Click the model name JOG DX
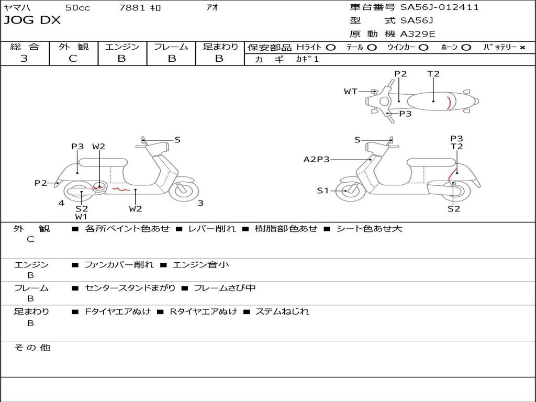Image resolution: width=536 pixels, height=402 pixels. point(32,20)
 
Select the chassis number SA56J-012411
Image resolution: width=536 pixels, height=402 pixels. point(439,7)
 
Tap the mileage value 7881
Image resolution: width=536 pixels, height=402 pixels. point(132,8)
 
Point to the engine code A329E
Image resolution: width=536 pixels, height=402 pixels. point(417,35)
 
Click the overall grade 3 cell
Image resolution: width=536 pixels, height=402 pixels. point(24,59)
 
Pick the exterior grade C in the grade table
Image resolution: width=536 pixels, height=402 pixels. point(73,59)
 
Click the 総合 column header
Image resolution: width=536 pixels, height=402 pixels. point(25,47)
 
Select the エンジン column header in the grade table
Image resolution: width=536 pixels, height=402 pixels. point(122,47)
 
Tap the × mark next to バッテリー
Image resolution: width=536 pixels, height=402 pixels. point(522,48)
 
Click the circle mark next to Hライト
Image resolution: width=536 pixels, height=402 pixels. point(331,48)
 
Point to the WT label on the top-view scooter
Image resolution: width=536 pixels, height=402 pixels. point(350,92)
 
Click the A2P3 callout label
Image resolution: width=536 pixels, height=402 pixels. point(317,159)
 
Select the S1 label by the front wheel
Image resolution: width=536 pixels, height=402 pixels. point(323,191)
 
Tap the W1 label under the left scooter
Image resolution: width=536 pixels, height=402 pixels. point(81,216)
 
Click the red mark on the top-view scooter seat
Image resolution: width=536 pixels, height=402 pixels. point(449,102)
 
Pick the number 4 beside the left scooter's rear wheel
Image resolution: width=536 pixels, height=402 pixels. point(61,203)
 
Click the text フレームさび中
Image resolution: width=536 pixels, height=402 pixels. point(224,288)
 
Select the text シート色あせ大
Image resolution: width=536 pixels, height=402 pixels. point(369,229)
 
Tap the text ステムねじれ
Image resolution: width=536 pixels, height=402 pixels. point(282,311)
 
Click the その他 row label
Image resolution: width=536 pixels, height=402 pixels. point(32,348)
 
